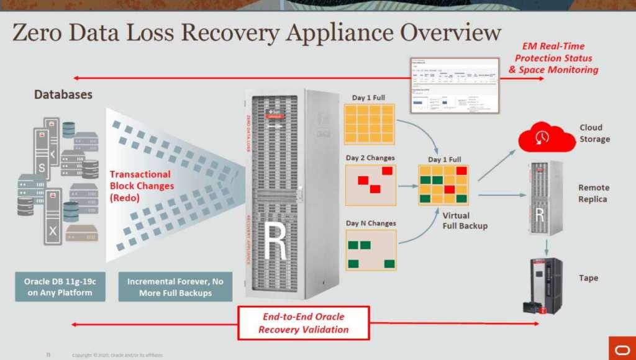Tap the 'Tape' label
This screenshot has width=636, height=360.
pos(588,278)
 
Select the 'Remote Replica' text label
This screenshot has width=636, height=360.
pos(593,193)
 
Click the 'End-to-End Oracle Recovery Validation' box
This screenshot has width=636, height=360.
pos(303,323)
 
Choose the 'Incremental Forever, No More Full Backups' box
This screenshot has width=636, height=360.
pos(175,287)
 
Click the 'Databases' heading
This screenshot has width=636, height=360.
pos(63,95)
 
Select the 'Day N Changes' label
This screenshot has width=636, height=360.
pos(371,223)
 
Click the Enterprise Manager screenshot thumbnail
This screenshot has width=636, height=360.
pos(455,85)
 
